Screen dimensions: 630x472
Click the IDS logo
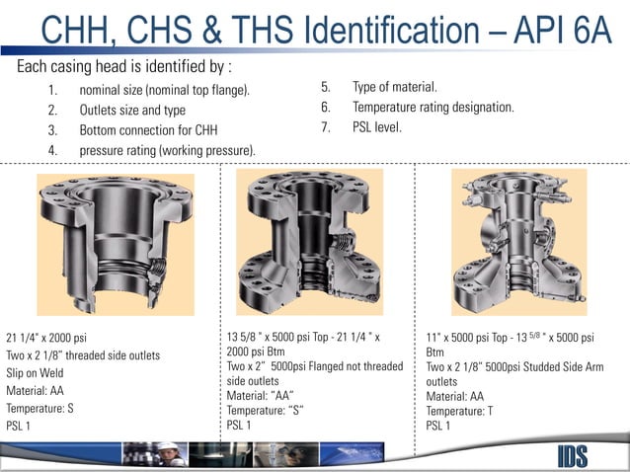coord(573,456)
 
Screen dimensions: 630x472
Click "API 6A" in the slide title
coord(563,31)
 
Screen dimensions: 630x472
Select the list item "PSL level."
coord(377,127)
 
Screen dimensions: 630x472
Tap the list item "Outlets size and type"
coord(132,110)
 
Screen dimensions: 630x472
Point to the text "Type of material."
coord(395,87)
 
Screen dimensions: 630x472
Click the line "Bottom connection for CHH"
coord(148,130)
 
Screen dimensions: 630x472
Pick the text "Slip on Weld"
coord(35,373)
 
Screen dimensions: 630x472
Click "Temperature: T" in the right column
coord(459,411)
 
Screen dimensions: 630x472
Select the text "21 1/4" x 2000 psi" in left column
coord(46,338)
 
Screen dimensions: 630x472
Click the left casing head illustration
coord(116,244)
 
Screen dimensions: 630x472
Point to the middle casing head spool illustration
coord(309,242)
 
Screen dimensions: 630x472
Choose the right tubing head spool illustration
coord(519,242)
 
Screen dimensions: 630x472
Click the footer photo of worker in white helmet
coord(155,454)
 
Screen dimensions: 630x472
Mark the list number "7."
coord(326,127)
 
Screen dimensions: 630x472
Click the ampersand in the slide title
coord(211,31)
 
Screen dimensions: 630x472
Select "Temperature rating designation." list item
coord(433,108)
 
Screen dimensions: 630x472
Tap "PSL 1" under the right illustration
coord(438,426)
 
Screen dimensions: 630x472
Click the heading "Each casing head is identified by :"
coord(124,66)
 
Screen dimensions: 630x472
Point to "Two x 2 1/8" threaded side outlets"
coord(83,355)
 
